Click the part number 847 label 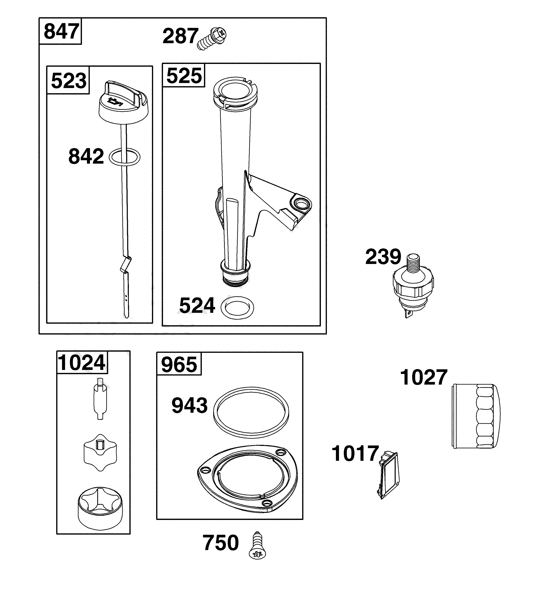tap(61, 31)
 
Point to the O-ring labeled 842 tap(124, 157)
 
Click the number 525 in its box tap(184, 76)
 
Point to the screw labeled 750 tap(258, 545)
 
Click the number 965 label tap(179, 365)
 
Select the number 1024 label tap(82, 363)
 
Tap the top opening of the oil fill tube tap(235, 89)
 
